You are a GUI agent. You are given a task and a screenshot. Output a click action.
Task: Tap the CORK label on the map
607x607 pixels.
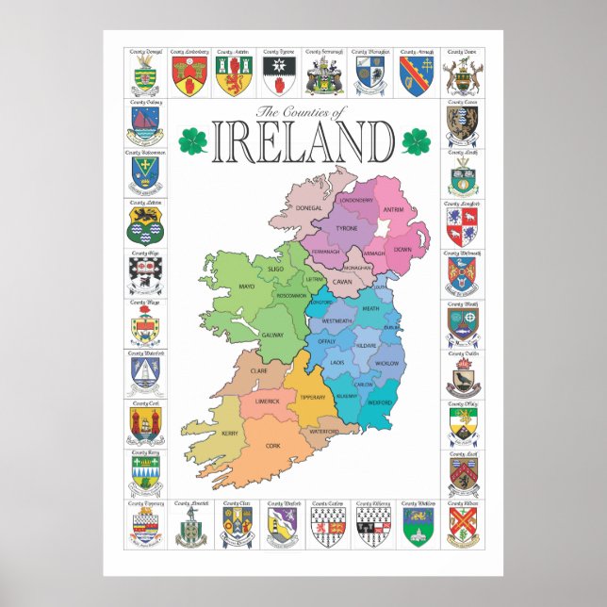click(273, 445)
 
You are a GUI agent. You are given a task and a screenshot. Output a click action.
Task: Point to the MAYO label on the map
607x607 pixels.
click(221, 286)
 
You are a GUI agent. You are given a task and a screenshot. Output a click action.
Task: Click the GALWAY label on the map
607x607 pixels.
click(272, 335)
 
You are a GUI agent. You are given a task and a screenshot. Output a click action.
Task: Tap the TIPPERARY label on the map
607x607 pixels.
click(311, 397)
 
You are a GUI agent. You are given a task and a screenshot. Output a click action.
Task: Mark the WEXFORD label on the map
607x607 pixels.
click(380, 402)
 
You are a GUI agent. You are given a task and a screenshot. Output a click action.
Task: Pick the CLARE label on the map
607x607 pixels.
click(258, 371)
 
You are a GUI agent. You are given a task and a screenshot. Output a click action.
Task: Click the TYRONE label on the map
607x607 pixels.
click(348, 228)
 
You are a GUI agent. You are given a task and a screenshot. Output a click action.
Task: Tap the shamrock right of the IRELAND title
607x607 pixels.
click(415, 141)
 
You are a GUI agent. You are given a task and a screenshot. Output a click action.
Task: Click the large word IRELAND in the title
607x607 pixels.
click(303, 143)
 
